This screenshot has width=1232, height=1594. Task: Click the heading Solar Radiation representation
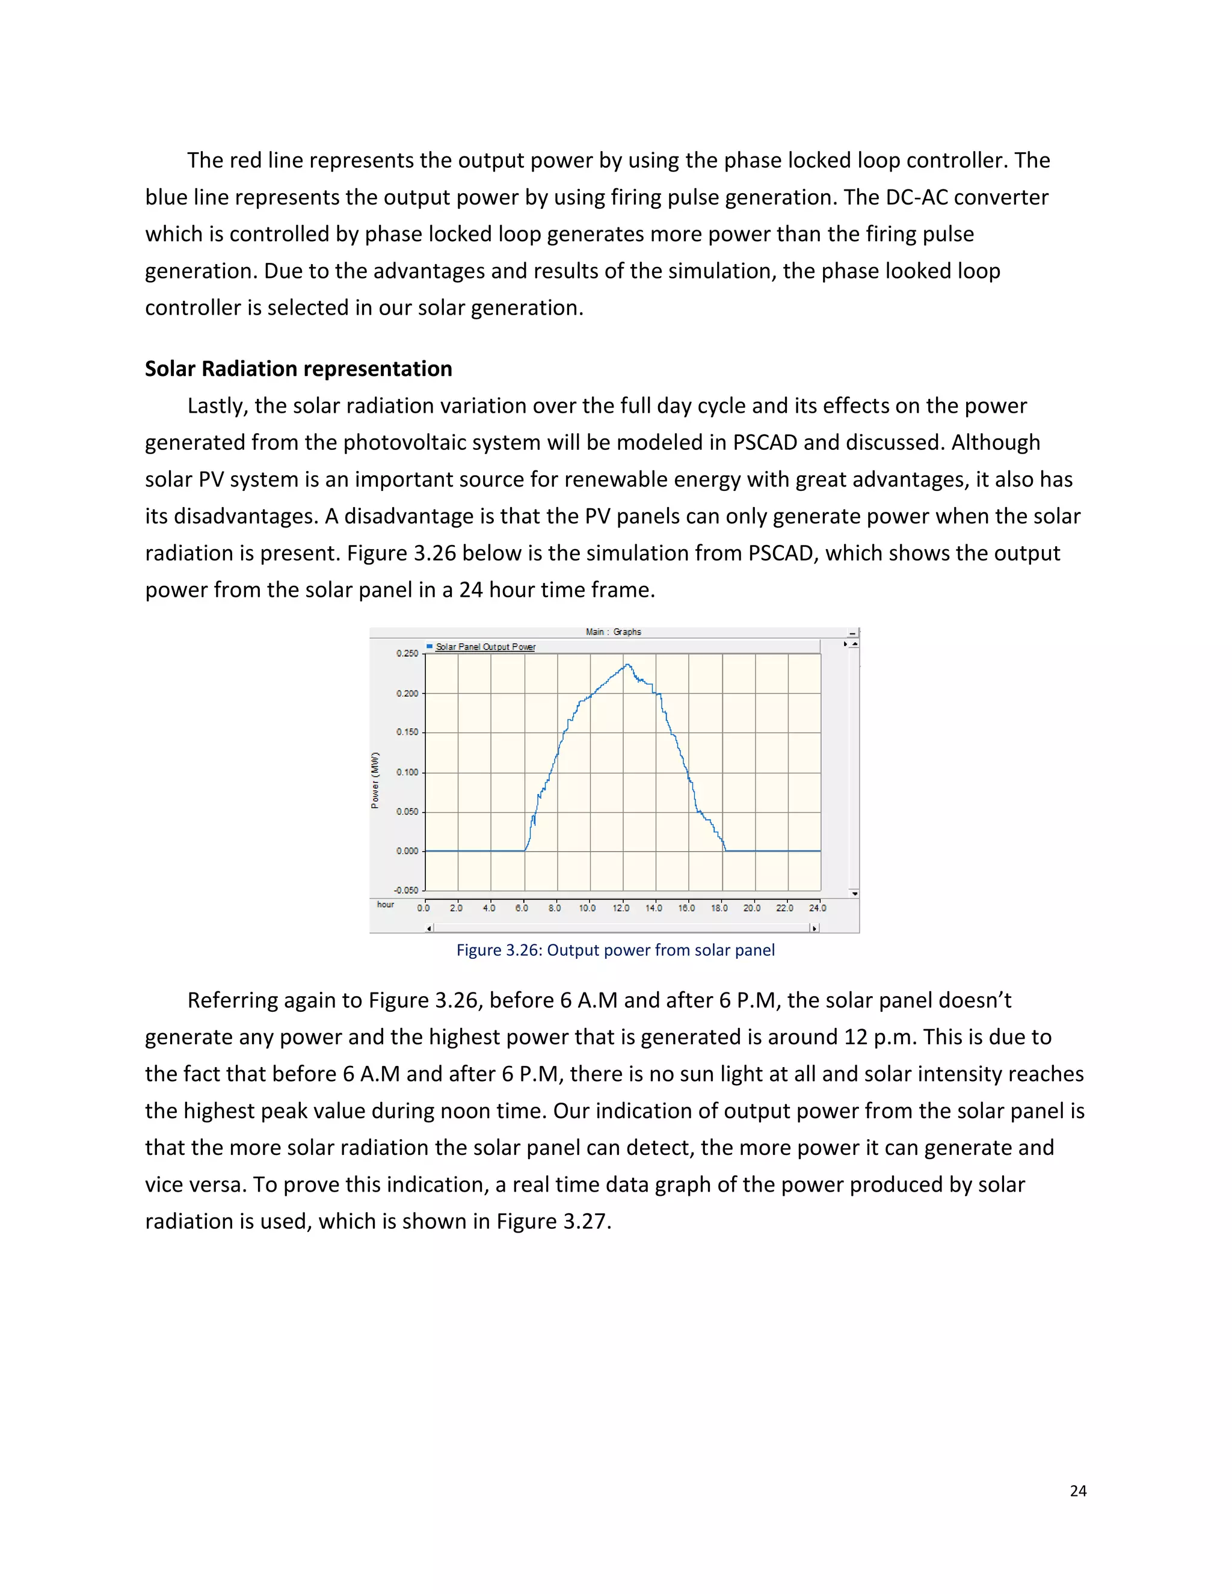coord(298,369)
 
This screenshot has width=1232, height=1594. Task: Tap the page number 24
coord(1077,1491)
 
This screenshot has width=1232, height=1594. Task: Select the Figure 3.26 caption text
coord(615,950)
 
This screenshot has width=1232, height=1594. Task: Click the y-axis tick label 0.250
coord(407,653)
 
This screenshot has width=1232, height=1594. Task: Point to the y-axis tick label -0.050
coord(406,890)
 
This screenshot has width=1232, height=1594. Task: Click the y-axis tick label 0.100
coord(407,772)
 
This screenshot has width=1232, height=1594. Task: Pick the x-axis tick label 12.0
coord(620,908)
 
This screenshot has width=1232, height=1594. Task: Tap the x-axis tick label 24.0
coord(818,908)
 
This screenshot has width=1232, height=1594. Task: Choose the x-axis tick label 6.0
coord(522,908)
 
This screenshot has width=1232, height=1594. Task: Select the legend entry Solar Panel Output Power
coord(485,647)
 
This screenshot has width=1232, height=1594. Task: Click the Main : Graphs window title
coord(613,632)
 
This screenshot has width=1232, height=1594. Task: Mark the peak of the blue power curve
coord(627,664)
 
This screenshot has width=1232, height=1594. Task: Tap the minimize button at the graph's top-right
coord(852,633)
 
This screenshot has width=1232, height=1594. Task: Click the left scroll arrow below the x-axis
coord(429,928)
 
